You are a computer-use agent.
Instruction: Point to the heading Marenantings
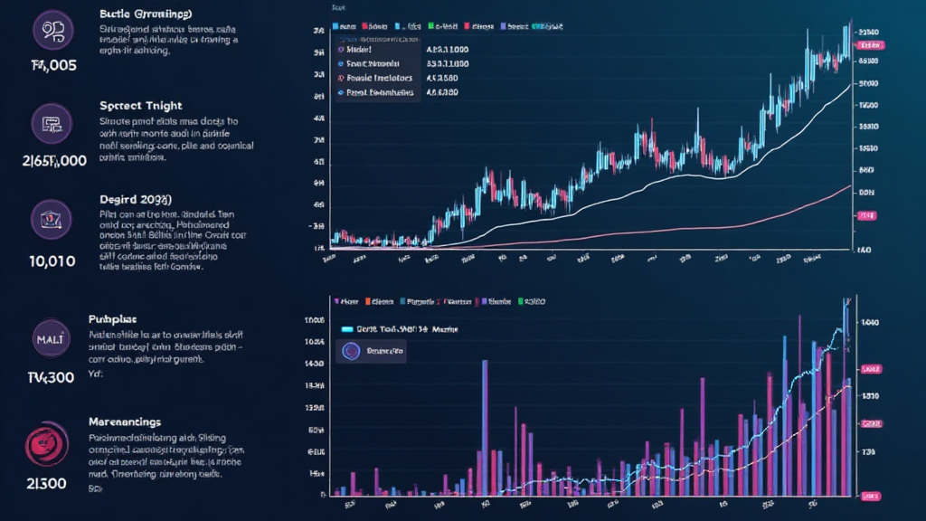(125, 422)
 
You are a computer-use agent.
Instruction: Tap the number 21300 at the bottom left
(36, 483)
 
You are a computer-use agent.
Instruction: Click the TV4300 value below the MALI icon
(38, 377)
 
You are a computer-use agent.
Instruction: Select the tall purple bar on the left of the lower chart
(485, 425)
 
